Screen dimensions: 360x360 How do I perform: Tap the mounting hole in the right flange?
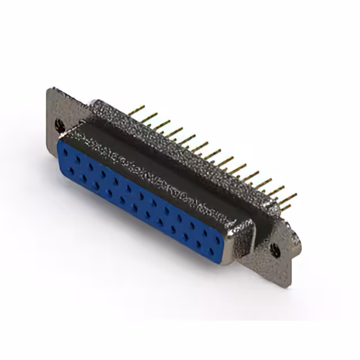click(275, 250)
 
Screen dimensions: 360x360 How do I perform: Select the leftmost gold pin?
click(137, 110)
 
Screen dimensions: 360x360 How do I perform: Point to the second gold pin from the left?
click(150, 117)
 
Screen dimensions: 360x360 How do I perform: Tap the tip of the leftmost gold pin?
click(143, 106)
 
